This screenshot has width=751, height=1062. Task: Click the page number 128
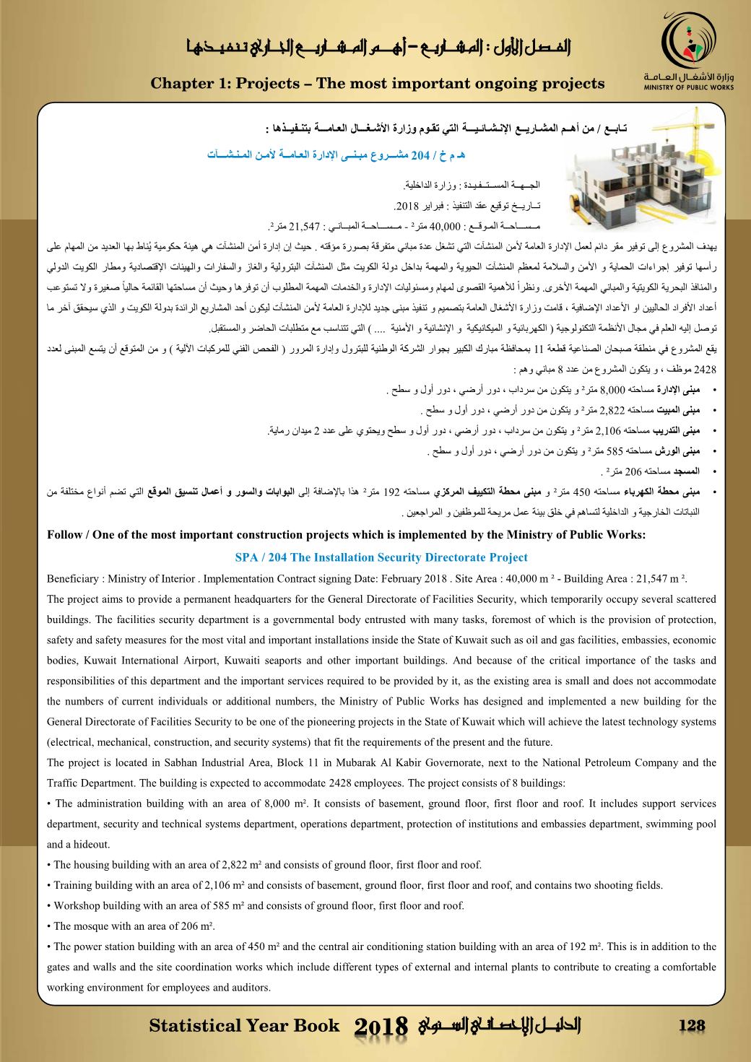pos(691,1026)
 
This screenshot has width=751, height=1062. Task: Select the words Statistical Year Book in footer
pos(243,1026)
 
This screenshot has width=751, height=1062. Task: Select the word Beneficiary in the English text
pos(73,580)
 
